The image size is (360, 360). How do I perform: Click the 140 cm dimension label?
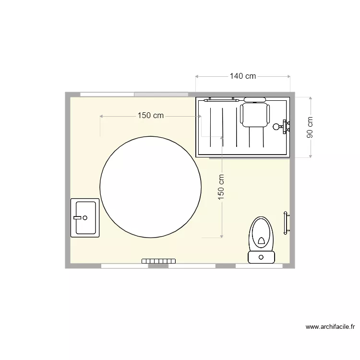pos(242,76)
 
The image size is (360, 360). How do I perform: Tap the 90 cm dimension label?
pos(310,127)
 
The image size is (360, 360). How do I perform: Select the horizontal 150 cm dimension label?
pos(151,116)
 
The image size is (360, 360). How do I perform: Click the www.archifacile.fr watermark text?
pos(330,327)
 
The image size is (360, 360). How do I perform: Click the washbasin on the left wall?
pos(85,217)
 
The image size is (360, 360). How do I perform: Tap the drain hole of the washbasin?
pos(85,217)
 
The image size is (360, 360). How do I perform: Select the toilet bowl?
pos(261,233)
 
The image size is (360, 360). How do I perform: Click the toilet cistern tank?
pos(261,257)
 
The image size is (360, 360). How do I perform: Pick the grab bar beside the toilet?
pos(286,223)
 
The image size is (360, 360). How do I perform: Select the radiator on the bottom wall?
pos(158,261)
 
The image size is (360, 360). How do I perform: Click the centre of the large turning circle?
pos(150,187)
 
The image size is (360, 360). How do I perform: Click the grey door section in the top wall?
pos(161,94)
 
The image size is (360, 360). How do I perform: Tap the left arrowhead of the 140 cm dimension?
pos(197,76)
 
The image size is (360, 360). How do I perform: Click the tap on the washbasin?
pos(77,217)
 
